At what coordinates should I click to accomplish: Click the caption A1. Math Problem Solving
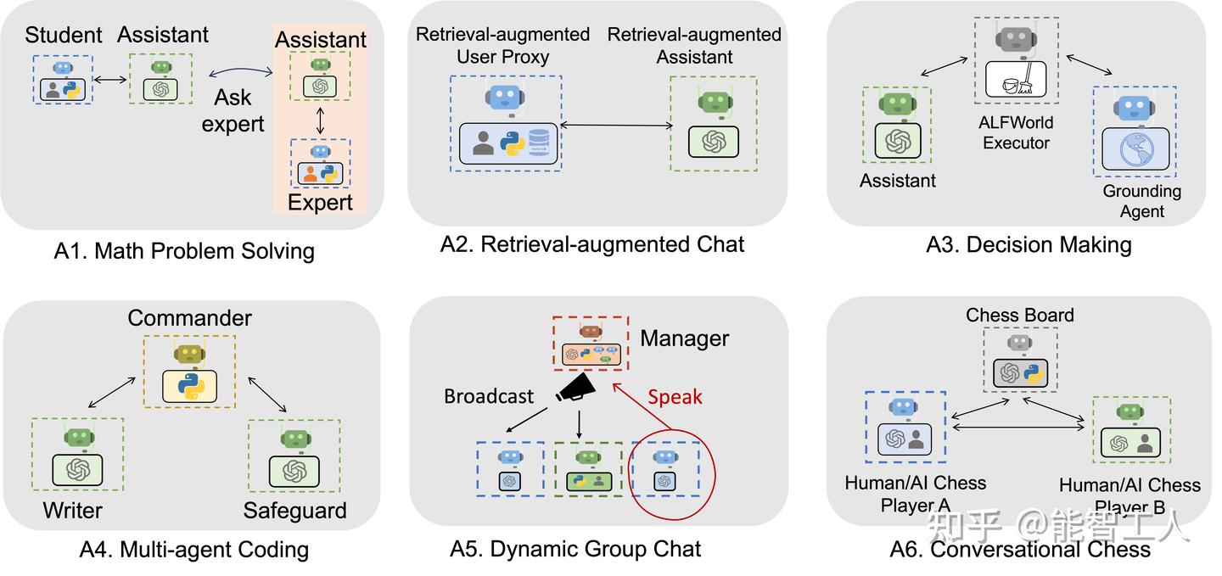coord(184,251)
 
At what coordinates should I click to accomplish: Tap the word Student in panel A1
coord(64,35)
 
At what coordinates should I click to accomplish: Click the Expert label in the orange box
coord(320,202)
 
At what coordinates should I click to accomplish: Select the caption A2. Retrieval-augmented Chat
coord(591,244)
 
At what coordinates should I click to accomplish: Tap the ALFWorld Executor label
coord(1016,132)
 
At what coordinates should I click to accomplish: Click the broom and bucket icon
coord(1016,81)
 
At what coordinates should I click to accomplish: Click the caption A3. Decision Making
coord(1029,245)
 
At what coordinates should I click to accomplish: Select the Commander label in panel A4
coord(190,318)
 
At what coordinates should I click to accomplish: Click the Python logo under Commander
coord(189,386)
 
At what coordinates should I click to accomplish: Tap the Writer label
coord(72,511)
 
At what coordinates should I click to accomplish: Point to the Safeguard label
coord(294,511)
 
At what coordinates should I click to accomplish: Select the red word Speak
coord(675,396)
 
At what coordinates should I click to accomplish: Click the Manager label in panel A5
coord(684,338)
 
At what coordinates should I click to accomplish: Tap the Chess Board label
coord(1019,316)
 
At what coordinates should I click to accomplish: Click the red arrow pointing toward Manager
coord(636,408)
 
